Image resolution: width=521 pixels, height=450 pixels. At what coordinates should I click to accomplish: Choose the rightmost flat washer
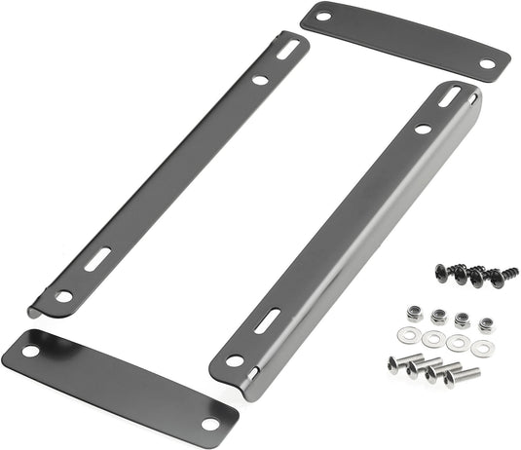click(x=480, y=347)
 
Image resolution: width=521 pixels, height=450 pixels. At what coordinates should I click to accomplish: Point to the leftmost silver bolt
click(x=399, y=362)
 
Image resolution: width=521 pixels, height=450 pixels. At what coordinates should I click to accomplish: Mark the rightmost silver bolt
click(x=461, y=375)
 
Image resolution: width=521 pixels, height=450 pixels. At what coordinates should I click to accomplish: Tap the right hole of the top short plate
click(x=487, y=63)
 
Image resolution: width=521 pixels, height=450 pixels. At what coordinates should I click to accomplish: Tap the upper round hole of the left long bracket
click(x=260, y=81)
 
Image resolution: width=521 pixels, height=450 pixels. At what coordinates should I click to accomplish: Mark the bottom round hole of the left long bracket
click(x=64, y=296)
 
